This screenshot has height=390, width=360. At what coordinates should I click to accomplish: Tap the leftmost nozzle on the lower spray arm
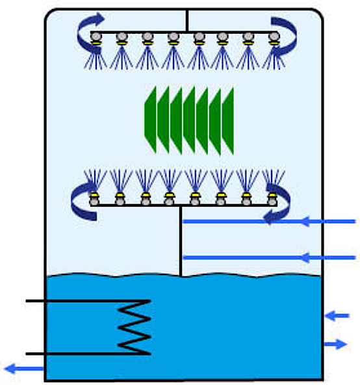pos(94,197)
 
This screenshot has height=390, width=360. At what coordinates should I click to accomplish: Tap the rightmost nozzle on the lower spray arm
pos(272,197)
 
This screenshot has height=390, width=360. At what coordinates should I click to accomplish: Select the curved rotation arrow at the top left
pos(87,32)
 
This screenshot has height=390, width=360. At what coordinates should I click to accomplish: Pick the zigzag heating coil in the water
pos(134,328)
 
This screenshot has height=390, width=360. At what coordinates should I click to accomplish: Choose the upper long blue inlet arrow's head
pos(274,222)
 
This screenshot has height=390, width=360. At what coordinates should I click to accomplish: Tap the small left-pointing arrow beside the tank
pos(337,316)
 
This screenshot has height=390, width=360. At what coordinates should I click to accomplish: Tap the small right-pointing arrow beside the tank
pos(336,344)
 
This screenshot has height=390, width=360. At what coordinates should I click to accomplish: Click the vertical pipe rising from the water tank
pos(180,247)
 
